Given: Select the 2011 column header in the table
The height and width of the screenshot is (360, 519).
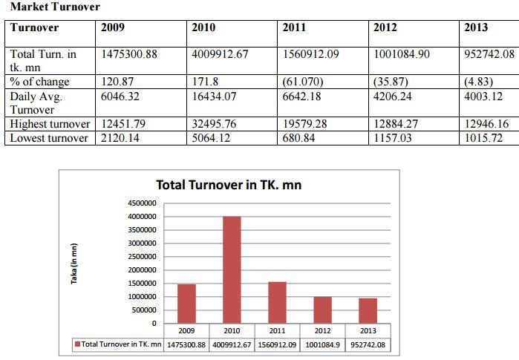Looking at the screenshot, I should click(294, 28).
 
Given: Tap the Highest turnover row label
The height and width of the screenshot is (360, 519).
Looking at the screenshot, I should click(50, 124).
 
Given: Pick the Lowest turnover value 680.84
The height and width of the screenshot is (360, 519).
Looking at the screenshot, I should click(301, 138).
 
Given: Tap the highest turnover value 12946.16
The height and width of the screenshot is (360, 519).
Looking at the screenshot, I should click(489, 124).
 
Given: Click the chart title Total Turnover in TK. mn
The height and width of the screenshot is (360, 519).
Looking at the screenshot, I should click(229, 185).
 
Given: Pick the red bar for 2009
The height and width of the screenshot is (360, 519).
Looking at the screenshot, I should click(186, 304).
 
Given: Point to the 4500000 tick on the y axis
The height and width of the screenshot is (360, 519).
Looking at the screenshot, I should click(143, 203).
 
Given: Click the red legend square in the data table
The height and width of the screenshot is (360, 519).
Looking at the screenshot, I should click(76, 344).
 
